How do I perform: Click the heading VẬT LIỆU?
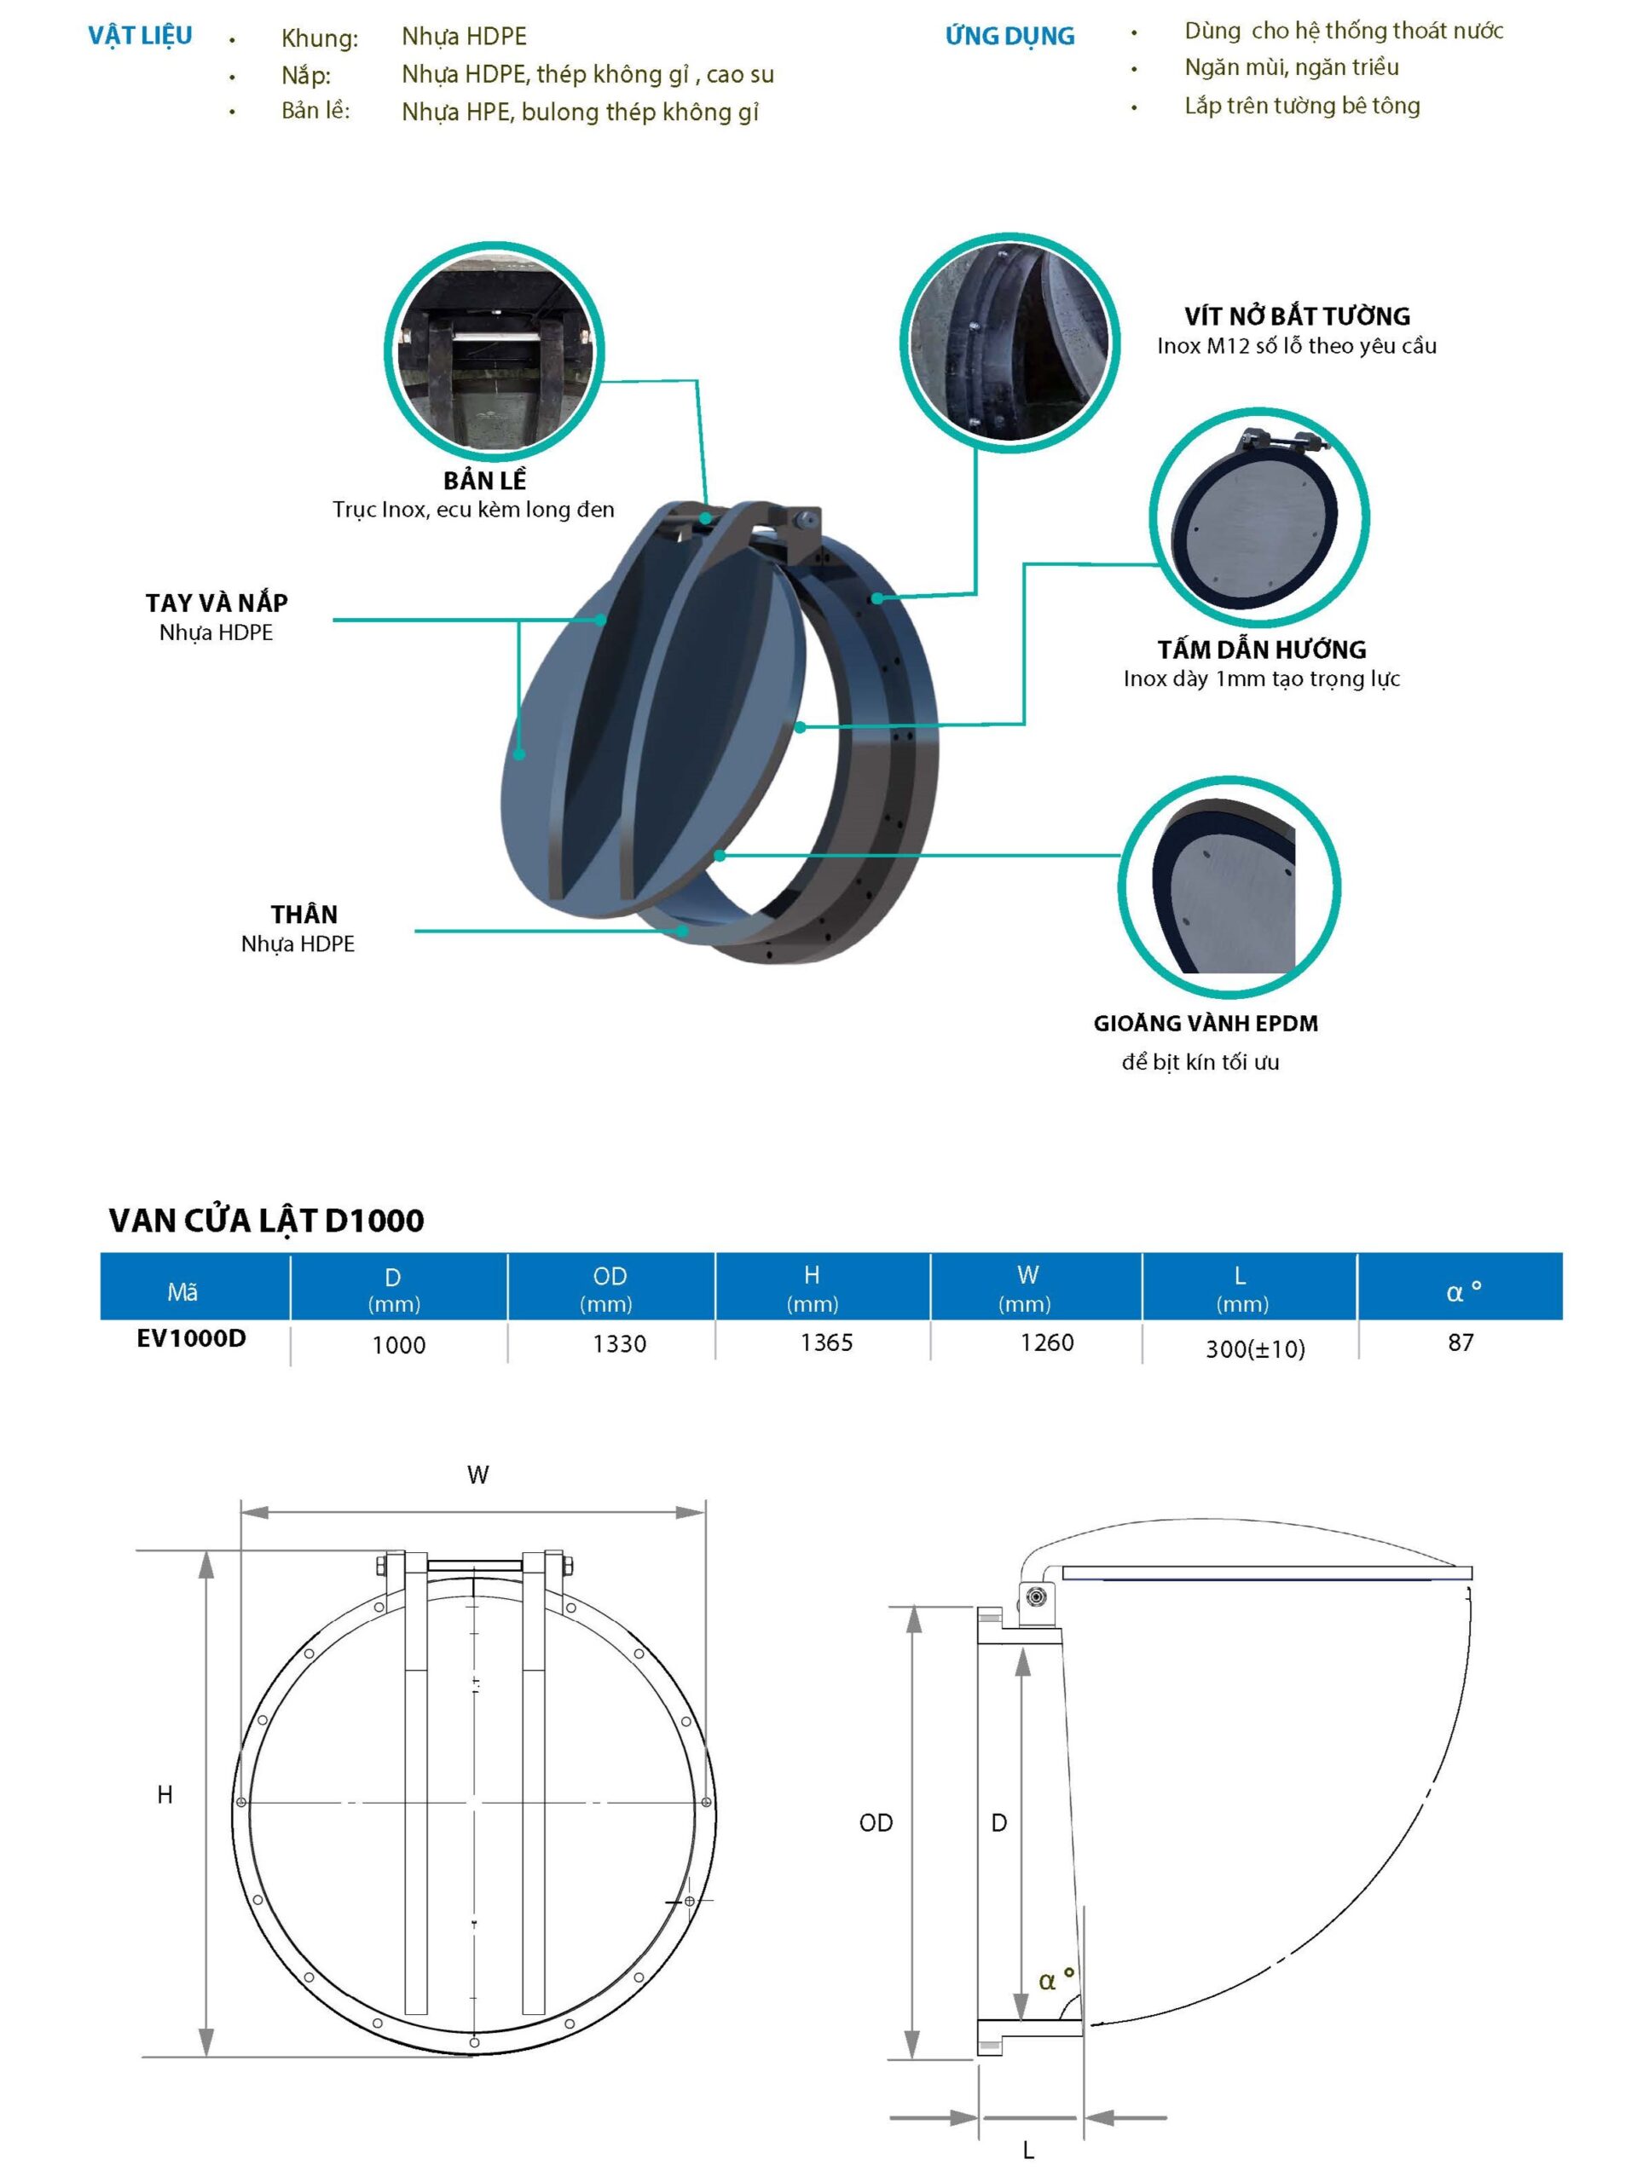point(140,36)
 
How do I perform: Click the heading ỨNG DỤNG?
point(1009,37)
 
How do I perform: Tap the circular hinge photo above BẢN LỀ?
point(494,352)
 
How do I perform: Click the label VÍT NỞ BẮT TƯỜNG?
point(1297,315)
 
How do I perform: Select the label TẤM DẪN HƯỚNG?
point(1261,649)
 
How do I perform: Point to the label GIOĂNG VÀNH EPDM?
point(1205,1023)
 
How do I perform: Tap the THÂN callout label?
point(304,915)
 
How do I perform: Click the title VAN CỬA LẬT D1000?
point(266,1221)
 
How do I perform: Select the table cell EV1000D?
point(192,1338)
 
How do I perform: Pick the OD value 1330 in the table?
point(619,1343)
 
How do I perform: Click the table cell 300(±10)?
point(1254,1348)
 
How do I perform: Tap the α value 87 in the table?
point(1461,1342)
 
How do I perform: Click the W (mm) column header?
point(1027,1287)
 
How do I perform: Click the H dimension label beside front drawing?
point(165,1794)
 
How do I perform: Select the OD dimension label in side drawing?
point(876,1822)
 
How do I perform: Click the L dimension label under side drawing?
point(1028,2150)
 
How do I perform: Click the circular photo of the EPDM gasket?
point(1229,886)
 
